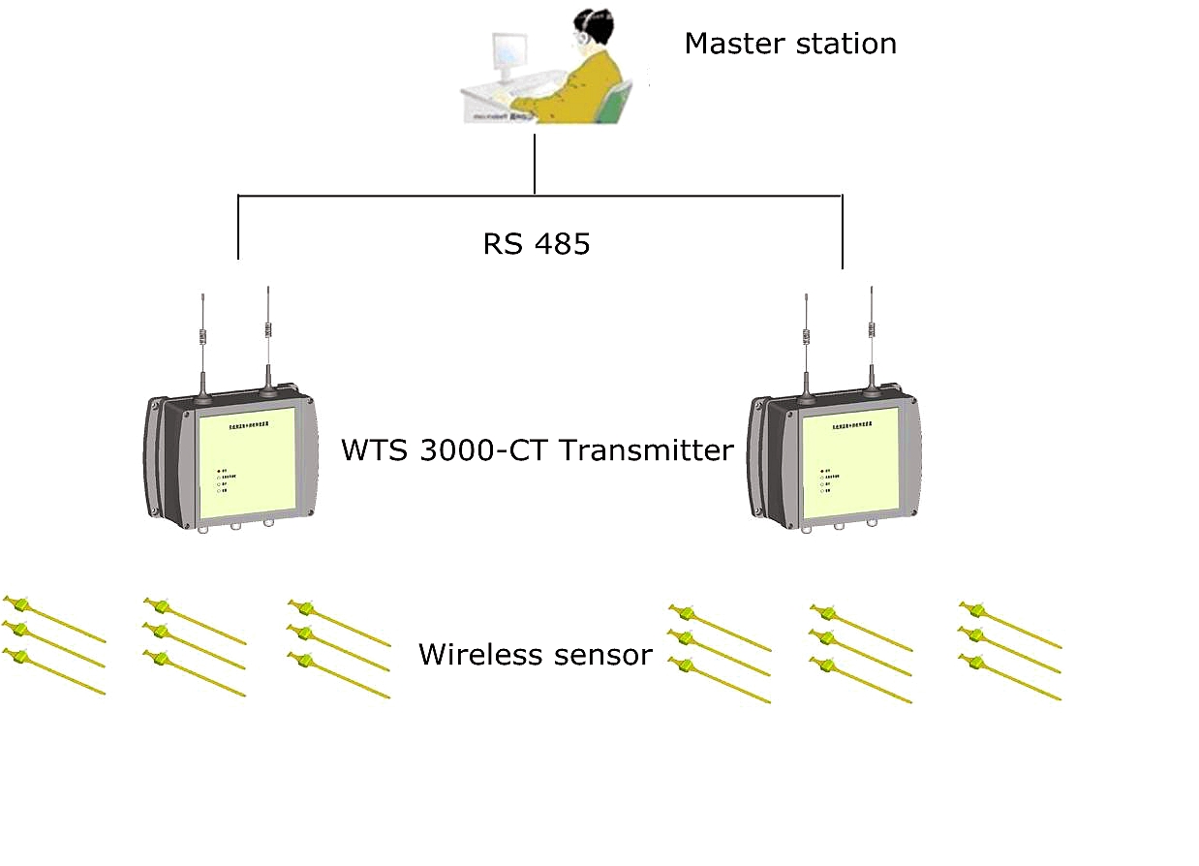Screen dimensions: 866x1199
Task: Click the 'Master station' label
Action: tap(789, 44)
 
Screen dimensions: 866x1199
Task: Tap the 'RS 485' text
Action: tap(536, 244)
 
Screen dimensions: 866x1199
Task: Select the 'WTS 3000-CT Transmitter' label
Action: tap(537, 450)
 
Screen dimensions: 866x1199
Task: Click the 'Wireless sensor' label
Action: tap(535, 655)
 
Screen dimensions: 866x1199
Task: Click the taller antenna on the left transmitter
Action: tap(267, 334)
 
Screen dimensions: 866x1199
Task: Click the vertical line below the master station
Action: tap(535, 165)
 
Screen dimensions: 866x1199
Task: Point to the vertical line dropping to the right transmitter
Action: tap(843, 232)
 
